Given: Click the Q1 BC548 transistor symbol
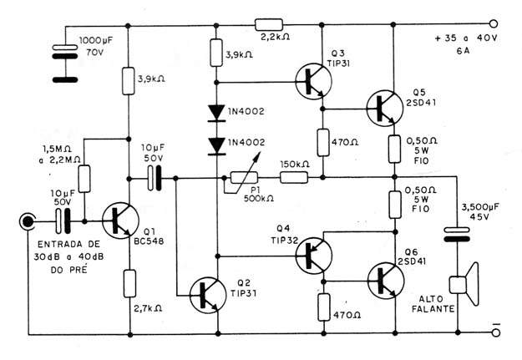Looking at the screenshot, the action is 120,221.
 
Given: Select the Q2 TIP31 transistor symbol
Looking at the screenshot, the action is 208,295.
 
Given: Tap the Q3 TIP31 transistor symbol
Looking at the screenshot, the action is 313,82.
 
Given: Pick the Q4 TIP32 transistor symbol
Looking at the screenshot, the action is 313,256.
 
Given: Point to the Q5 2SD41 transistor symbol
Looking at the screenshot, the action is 385,108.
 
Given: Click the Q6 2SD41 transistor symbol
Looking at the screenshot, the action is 386,281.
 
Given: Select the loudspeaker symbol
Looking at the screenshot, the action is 464,284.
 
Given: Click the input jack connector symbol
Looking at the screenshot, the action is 28,221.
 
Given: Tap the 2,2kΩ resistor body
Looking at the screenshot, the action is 269,25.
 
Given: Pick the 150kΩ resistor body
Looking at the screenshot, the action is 294,178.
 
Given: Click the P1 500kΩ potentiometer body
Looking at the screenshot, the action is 244,178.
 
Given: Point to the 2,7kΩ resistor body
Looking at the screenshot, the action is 129,283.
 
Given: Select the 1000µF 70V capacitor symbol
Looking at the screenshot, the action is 65,63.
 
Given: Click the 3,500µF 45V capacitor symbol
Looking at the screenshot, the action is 458,234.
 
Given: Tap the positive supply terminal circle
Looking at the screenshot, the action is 494,24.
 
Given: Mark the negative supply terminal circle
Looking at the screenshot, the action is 496,332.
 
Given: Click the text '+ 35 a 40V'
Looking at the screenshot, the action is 466,38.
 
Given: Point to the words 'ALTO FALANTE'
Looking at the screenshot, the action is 433,304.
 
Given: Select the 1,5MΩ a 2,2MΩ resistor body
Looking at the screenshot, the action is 84,179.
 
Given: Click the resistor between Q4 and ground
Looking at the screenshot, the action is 323,307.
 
